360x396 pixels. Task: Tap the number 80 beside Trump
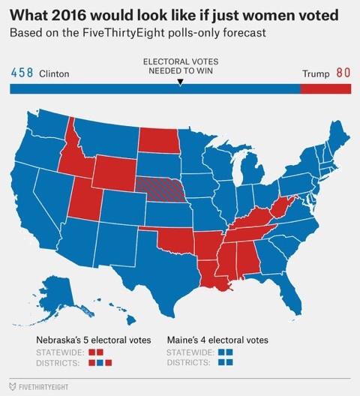click(x=343, y=73)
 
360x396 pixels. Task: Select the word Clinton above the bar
click(x=53, y=74)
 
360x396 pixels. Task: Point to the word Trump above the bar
click(x=315, y=74)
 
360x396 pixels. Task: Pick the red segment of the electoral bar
click(x=325, y=88)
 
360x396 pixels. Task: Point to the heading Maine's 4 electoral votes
click(x=217, y=340)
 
